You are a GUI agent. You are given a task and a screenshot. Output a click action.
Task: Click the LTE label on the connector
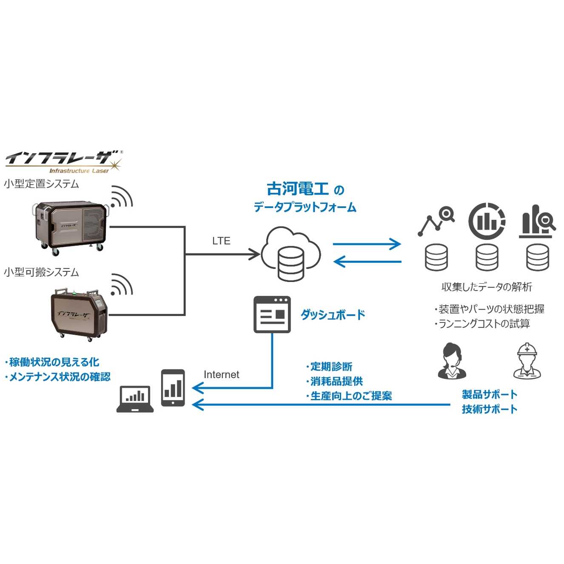(221, 241)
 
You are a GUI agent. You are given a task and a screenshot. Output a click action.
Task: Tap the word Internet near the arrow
(221, 375)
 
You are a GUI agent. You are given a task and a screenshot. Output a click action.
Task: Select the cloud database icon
(291, 254)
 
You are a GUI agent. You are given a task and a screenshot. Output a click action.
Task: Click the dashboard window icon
(272, 314)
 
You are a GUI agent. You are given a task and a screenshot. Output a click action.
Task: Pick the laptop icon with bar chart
(135, 399)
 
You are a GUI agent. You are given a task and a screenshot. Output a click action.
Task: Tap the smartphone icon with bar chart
(173, 387)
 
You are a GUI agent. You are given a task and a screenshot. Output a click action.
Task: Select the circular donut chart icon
(487, 221)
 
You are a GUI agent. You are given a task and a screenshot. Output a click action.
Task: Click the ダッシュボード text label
(333, 315)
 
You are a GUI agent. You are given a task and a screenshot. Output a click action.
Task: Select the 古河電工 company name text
(298, 188)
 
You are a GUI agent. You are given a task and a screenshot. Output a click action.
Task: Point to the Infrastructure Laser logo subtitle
(79, 171)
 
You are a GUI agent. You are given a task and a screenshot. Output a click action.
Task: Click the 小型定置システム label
(42, 184)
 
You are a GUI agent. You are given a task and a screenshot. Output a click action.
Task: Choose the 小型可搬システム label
(42, 272)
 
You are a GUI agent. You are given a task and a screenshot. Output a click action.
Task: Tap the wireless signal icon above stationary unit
(122, 197)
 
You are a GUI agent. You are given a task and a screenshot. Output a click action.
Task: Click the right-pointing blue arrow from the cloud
(367, 244)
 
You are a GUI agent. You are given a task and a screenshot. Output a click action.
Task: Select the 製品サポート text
(490, 394)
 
